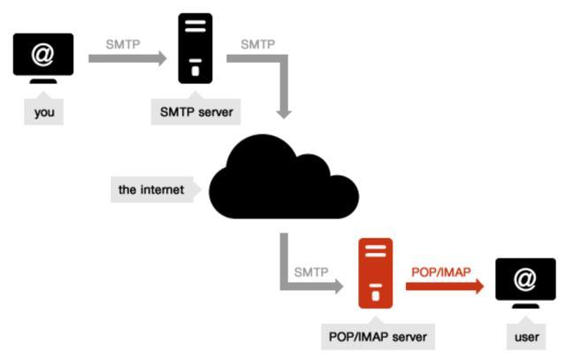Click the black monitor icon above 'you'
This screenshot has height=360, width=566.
coord(43,57)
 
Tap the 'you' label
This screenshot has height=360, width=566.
coord(43,112)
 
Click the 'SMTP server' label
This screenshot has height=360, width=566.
coord(195,112)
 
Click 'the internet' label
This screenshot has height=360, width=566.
coord(152,188)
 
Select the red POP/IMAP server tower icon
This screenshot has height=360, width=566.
coord(376,273)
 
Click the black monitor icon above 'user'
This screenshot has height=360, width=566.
coord(525,282)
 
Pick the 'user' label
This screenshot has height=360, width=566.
coord(526,337)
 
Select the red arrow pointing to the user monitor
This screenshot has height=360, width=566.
coord(446,286)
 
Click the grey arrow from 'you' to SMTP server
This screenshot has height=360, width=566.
coord(127,59)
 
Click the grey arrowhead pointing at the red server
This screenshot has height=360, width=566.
coord(336,286)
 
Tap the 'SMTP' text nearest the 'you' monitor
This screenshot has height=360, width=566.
coord(122,42)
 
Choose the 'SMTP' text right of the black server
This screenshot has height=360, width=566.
coord(256,42)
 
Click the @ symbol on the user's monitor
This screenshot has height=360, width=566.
coord(525,278)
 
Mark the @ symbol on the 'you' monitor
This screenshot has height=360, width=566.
coord(43,52)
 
